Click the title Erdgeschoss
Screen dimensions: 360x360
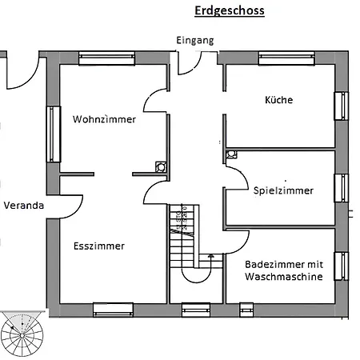point(229,11)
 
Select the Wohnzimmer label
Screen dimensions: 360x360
point(103,119)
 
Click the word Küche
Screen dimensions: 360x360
point(278,100)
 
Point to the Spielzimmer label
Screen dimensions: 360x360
point(283,190)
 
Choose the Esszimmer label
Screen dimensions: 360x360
point(98,246)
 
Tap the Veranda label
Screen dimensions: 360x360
point(23,206)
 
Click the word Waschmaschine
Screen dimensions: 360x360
point(284,277)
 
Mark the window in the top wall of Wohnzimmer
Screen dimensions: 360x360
point(106,58)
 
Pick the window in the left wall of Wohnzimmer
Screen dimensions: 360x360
point(54,134)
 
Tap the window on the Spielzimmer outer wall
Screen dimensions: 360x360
point(341,187)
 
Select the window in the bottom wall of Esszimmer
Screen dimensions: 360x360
point(113,309)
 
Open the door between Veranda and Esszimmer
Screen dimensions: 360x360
point(70,206)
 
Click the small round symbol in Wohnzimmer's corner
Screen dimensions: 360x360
point(161,167)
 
